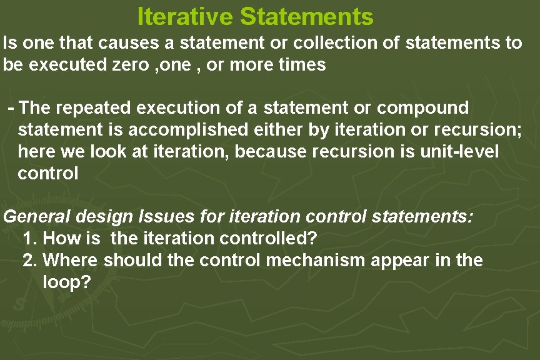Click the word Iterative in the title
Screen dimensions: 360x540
point(185,16)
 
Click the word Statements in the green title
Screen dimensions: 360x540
point(306,16)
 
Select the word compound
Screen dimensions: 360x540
point(423,107)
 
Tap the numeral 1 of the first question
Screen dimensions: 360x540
point(27,238)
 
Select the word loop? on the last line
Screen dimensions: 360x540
point(66,282)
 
